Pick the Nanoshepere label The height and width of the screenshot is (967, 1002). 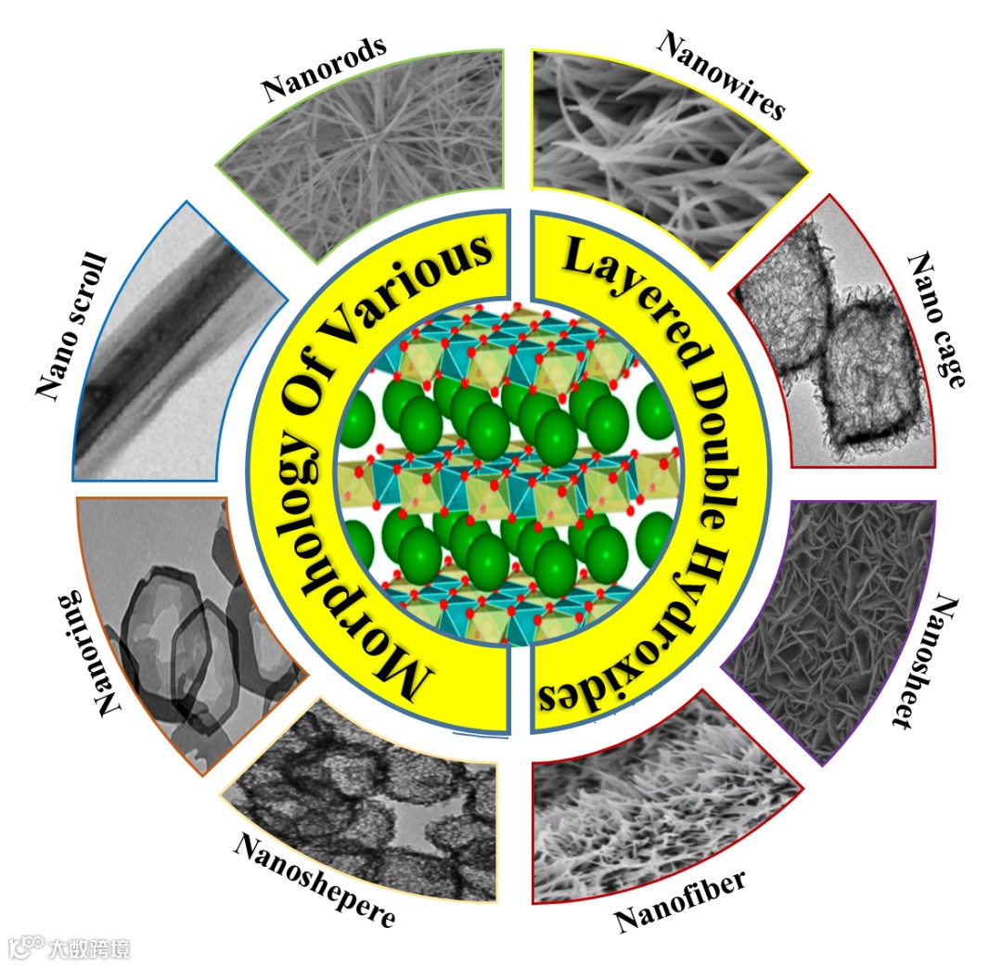point(315,878)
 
